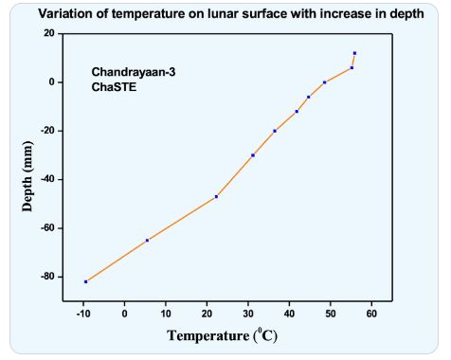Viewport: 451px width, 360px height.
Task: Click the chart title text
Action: [x=231, y=14]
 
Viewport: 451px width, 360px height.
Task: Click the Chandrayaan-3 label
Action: [x=134, y=72]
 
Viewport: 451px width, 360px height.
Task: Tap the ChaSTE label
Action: [x=114, y=87]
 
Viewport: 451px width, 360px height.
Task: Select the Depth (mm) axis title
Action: [x=27, y=176]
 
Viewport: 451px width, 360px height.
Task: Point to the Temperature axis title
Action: [x=222, y=335]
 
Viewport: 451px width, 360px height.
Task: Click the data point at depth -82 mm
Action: [x=86, y=281]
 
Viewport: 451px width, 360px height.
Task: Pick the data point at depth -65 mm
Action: [x=147, y=241]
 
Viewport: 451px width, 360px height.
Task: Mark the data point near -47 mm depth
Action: [x=216, y=197]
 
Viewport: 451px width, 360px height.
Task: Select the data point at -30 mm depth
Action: [x=253, y=155]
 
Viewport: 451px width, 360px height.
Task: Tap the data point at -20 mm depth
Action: [x=275, y=131]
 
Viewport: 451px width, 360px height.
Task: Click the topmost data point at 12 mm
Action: [x=354, y=53]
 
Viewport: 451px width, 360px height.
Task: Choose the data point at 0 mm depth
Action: [x=325, y=82]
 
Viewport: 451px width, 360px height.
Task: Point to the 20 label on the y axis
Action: [x=49, y=33]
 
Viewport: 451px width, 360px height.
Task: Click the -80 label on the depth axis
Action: [x=47, y=277]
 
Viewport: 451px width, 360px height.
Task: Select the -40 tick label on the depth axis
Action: [x=47, y=179]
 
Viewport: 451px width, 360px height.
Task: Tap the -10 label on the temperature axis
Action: [x=83, y=314]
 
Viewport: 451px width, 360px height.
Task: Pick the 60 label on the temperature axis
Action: [x=371, y=314]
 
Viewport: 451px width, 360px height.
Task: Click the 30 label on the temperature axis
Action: [x=248, y=314]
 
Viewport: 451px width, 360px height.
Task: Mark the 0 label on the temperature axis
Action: [x=125, y=314]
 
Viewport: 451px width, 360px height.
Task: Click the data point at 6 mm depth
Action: [x=352, y=68]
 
